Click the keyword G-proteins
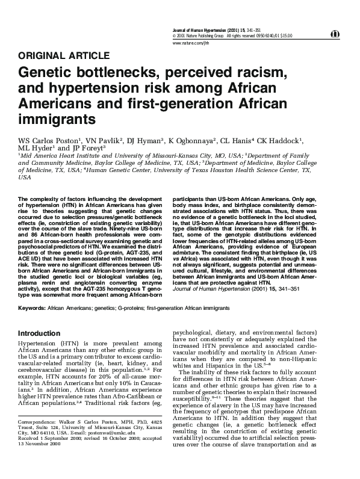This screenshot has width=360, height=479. coord(128,307)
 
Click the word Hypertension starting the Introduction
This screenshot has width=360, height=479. coord(42,344)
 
